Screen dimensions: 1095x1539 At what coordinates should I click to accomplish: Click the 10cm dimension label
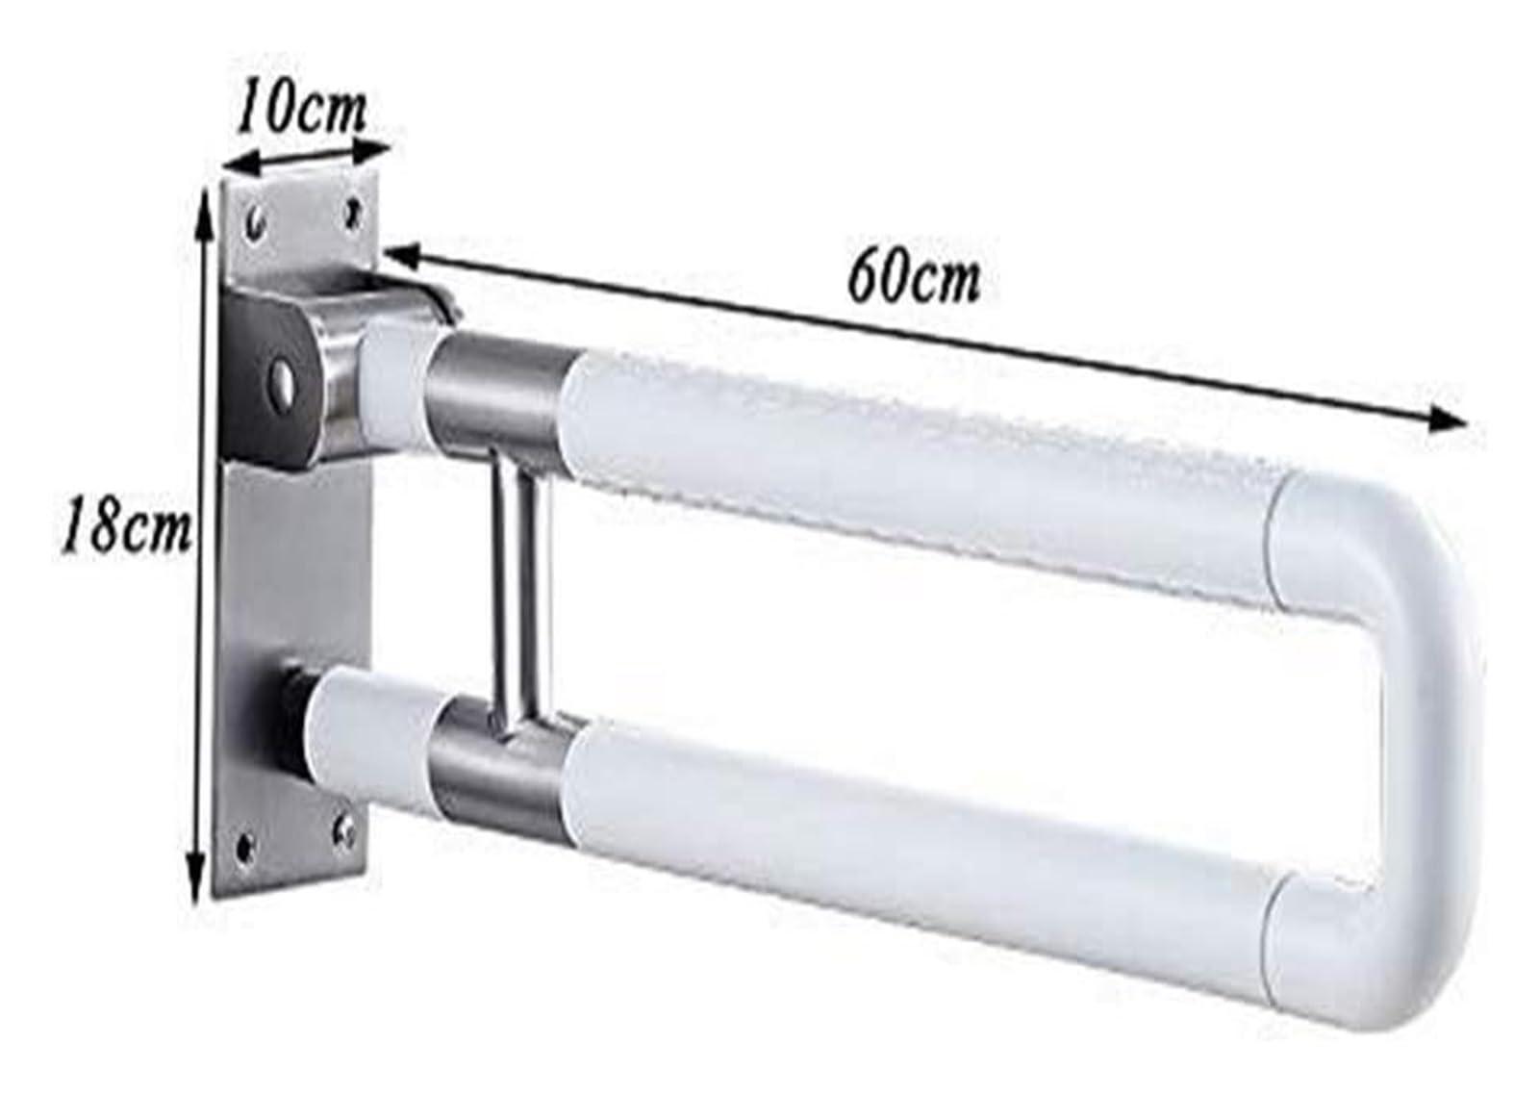[x=302, y=111]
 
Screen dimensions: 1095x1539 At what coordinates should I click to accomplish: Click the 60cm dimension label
[x=915, y=280]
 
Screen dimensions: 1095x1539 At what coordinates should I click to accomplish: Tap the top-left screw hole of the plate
[x=255, y=223]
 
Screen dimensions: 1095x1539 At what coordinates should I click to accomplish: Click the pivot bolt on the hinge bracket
[x=283, y=376]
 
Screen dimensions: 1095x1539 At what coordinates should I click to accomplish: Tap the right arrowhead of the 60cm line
[x=1448, y=418]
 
